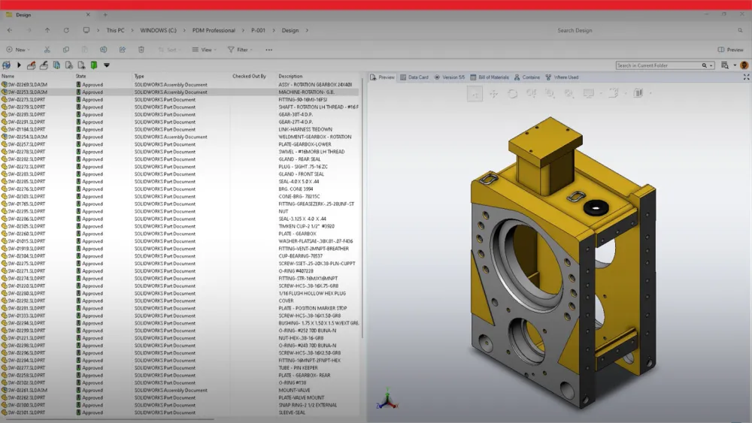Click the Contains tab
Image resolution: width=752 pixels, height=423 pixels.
pyautogui.click(x=528, y=77)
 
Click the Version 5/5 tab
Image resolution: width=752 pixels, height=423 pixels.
pyautogui.click(x=450, y=77)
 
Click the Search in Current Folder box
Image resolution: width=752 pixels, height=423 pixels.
pyautogui.click(x=662, y=65)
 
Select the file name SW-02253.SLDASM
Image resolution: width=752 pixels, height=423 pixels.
pyautogui.click(x=27, y=92)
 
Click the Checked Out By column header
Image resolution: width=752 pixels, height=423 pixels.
pyautogui.click(x=249, y=77)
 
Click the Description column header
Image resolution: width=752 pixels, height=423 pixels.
pyautogui.click(x=290, y=77)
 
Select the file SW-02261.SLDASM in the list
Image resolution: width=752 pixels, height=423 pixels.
pyautogui.click(x=27, y=391)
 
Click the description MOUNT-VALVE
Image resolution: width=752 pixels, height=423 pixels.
pyautogui.click(x=294, y=391)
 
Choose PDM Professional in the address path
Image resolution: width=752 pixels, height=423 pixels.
pyautogui.click(x=214, y=31)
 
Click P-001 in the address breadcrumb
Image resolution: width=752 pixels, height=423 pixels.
pyautogui.click(x=259, y=31)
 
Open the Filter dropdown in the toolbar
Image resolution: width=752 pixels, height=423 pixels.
pyautogui.click(x=238, y=50)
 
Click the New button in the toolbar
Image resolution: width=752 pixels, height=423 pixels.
pyautogui.click(x=17, y=50)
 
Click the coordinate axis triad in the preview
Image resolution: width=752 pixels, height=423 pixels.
pyautogui.click(x=386, y=399)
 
